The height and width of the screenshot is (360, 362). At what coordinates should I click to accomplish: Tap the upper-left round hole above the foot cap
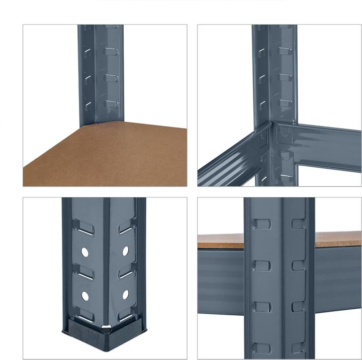tap(85, 250)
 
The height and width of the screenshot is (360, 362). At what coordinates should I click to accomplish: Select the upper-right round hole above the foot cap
tap(125, 250)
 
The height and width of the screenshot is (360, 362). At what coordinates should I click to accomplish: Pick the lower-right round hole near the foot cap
tap(125, 295)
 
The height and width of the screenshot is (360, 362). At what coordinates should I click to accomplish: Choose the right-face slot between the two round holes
tap(126, 272)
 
